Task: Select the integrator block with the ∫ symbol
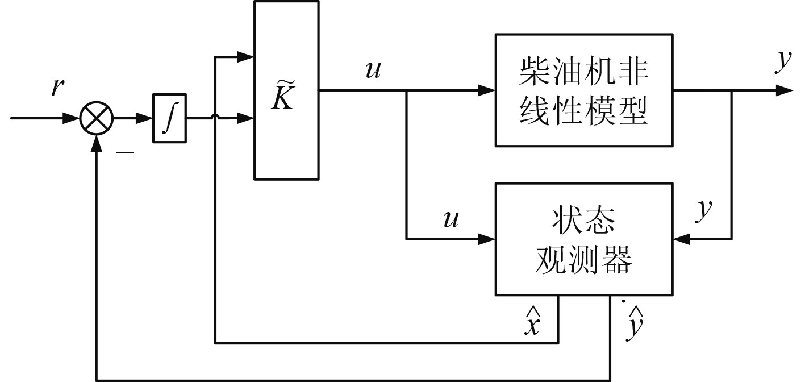click(169, 119)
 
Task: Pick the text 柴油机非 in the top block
click(584, 72)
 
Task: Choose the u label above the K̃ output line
click(374, 70)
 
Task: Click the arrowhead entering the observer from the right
click(681, 239)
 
